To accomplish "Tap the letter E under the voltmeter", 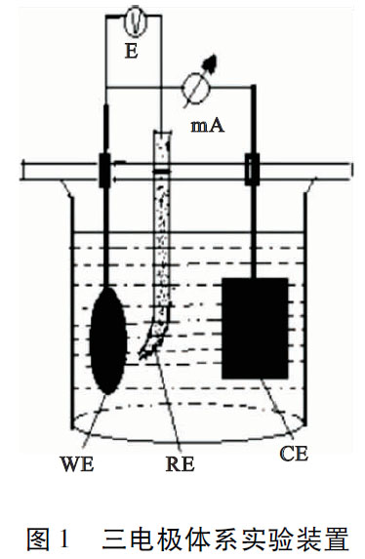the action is point(131,50).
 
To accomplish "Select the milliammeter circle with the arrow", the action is point(199,89).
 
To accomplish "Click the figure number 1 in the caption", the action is point(65,536).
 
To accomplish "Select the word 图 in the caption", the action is point(39,536).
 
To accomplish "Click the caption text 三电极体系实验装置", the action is point(224,536).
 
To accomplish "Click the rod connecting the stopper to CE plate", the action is point(253,229).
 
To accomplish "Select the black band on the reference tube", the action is point(161,172).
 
